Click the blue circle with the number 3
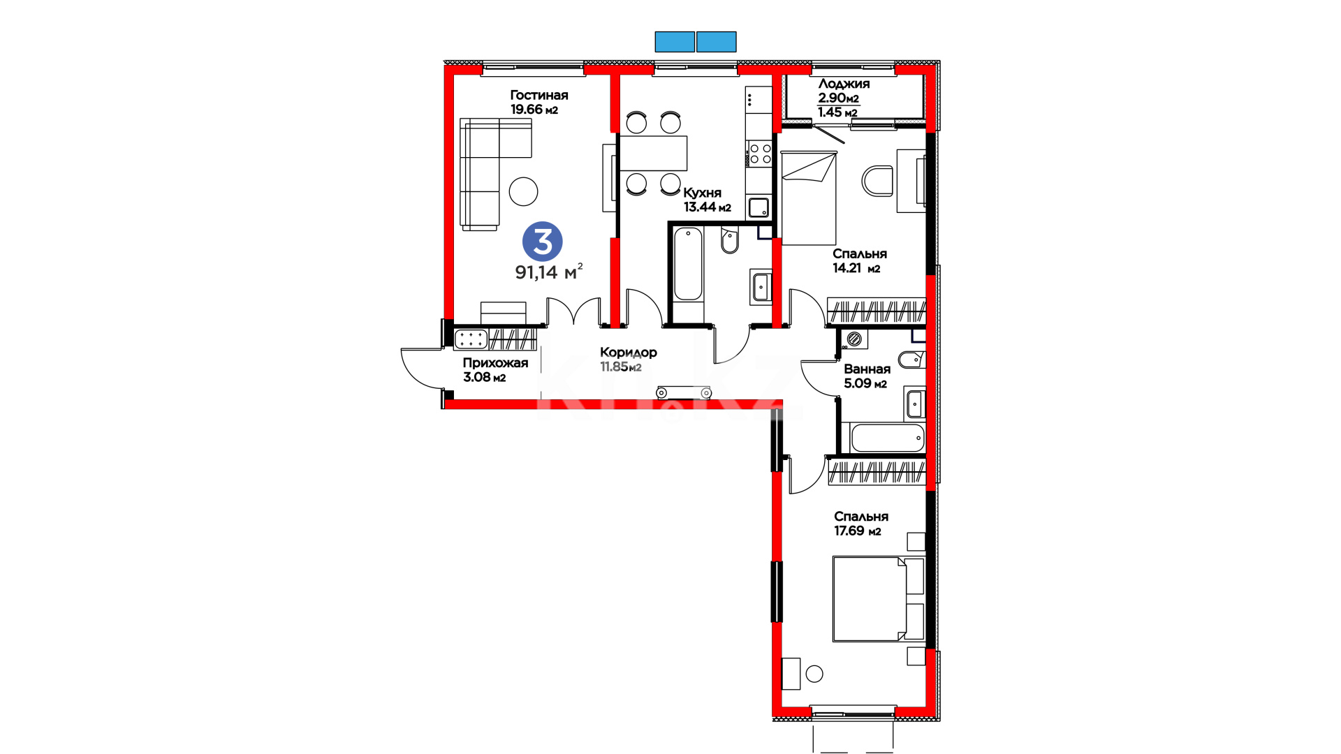click(x=543, y=242)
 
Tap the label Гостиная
click(x=539, y=95)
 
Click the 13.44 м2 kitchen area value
click(x=708, y=207)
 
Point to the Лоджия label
click(x=844, y=84)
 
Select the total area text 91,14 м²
click(x=549, y=272)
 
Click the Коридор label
click(x=629, y=353)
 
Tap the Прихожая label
click(x=495, y=363)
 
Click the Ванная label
click(x=867, y=369)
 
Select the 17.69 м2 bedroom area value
click(x=858, y=531)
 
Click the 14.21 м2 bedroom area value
click(x=856, y=268)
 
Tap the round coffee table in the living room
click(x=523, y=191)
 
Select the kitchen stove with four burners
click(x=759, y=154)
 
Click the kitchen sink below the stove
click(x=759, y=207)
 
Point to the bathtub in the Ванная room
click(x=888, y=438)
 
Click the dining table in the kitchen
click(x=653, y=153)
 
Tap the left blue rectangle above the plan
click(x=675, y=42)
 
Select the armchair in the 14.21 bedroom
click(x=877, y=181)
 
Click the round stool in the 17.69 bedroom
click(x=814, y=674)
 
